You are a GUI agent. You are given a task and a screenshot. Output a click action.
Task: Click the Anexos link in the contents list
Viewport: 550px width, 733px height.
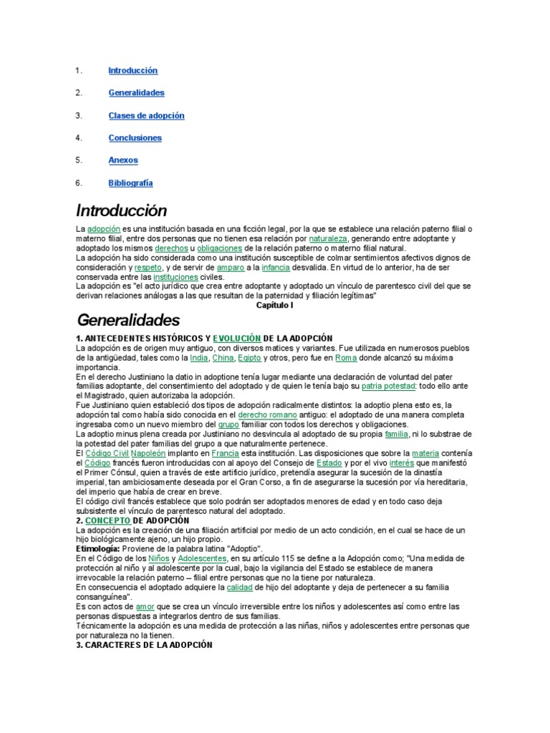tap(123, 160)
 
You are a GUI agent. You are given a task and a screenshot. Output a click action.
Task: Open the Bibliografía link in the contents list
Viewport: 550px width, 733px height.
tap(130, 183)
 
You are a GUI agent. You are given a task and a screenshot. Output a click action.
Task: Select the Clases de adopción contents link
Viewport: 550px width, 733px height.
tap(146, 115)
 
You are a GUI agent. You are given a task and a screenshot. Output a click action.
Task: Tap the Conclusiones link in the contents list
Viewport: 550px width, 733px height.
tap(135, 138)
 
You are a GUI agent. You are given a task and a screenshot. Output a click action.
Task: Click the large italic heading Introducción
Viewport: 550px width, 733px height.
tap(121, 210)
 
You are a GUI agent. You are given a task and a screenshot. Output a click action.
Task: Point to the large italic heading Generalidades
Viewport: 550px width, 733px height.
tap(128, 319)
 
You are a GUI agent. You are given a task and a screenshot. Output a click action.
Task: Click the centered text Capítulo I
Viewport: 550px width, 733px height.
tap(275, 305)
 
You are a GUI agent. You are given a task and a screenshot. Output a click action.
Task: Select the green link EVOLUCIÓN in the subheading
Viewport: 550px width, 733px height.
tap(236, 338)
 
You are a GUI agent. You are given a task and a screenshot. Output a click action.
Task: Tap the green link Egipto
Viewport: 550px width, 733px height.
tap(249, 357)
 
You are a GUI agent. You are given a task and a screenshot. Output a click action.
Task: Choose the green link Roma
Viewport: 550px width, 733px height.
tap(346, 357)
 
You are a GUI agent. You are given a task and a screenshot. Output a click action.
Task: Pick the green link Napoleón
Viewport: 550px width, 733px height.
tap(150, 453)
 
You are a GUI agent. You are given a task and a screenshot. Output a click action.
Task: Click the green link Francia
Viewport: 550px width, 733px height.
tap(226, 453)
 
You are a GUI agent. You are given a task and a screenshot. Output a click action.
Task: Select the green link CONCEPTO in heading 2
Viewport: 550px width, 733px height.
tap(107, 520)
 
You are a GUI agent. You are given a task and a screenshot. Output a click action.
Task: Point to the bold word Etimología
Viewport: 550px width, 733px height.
tap(100, 548)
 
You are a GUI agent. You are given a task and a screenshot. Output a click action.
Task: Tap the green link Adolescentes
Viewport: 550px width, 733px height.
tap(203, 558)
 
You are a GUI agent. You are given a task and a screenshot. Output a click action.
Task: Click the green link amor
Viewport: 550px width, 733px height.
tap(145, 606)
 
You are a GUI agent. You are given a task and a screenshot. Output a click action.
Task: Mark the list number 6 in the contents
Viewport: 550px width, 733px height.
tap(79, 183)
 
